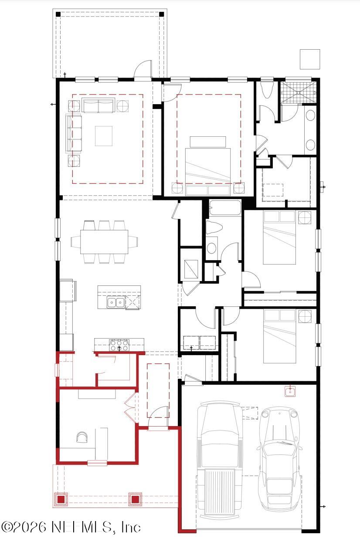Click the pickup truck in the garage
(219, 462)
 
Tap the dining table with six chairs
(104, 241)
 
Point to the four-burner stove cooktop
(119, 345)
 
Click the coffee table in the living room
(104, 136)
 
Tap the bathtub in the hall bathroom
(225, 207)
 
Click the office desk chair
(82, 437)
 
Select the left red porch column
(61, 499)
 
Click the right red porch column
(135, 499)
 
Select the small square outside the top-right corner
(310, 59)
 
